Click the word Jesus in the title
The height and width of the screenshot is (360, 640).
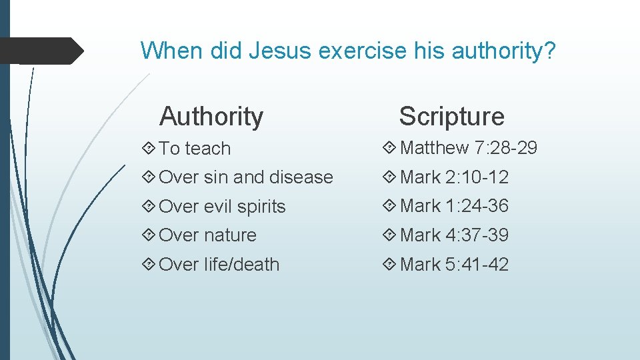(x=281, y=50)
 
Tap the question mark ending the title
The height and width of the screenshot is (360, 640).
(x=548, y=50)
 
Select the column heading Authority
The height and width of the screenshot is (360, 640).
(x=211, y=117)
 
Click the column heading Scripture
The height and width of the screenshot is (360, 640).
(x=451, y=117)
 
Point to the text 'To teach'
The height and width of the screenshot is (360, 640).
(x=195, y=149)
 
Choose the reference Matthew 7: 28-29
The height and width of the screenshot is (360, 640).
(x=469, y=148)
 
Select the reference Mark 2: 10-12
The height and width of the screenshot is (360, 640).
(x=454, y=177)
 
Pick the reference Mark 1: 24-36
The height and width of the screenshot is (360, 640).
(x=454, y=206)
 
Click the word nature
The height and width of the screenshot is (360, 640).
(x=230, y=235)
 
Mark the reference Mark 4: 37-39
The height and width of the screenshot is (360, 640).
(x=454, y=235)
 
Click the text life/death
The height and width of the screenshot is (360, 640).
(x=241, y=265)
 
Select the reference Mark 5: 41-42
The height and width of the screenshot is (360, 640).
(x=454, y=265)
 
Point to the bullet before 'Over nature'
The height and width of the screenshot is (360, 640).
(x=149, y=235)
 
